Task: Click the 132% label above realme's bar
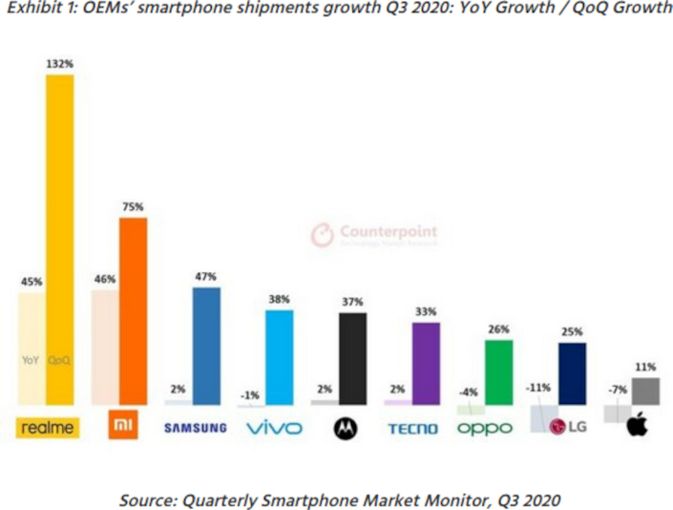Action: pos(59,64)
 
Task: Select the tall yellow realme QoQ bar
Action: pos(59,239)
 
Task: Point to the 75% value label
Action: pos(133,207)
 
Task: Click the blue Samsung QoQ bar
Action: pos(206,344)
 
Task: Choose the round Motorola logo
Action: pos(344,428)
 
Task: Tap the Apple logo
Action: pos(637,427)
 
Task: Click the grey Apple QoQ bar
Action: pos(644,391)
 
